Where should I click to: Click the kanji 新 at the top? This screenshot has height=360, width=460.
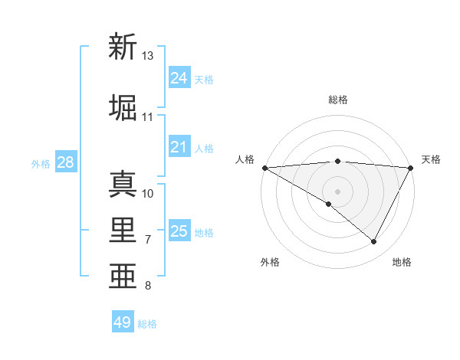tap(123, 47)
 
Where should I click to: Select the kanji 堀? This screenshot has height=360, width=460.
tap(123, 107)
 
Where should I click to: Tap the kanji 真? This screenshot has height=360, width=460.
tap(123, 183)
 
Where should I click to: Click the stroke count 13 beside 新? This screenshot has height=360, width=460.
tap(148, 56)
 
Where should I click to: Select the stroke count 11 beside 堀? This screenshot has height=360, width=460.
tap(148, 117)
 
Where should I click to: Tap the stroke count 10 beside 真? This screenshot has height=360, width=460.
tap(148, 193)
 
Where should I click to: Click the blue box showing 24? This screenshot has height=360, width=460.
tap(179, 78)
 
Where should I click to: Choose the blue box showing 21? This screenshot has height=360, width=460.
tap(179, 147)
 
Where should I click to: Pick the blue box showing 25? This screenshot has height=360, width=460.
tap(179, 231)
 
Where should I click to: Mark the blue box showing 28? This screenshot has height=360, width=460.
tap(64, 162)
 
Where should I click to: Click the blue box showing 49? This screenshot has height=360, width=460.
tap(123, 322)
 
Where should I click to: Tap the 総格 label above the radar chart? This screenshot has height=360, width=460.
tap(338, 100)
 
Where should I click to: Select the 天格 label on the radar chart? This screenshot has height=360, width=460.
tap(431, 159)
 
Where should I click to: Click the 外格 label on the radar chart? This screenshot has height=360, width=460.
tap(270, 262)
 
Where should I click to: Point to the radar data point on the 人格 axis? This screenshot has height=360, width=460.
tap(264, 167)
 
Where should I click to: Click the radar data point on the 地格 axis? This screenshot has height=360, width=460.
tap(374, 241)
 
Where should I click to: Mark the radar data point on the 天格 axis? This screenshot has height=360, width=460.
tap(411, 167)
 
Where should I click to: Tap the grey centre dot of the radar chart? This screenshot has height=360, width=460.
tap(337, 191)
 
